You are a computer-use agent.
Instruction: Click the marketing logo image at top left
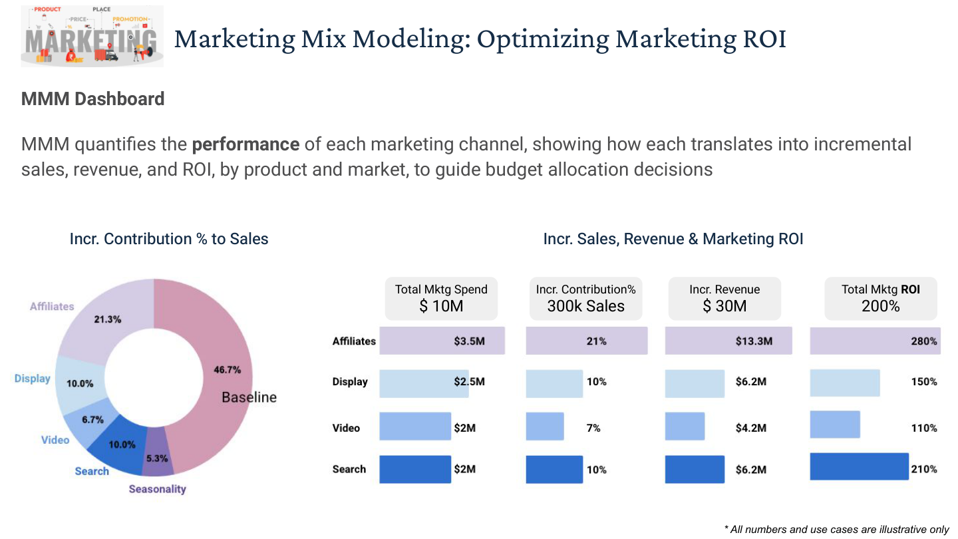point(92,36)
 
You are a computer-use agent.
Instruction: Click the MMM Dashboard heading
point(93,98)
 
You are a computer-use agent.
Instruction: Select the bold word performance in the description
point(245,144)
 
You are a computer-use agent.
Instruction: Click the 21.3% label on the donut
point(107,319)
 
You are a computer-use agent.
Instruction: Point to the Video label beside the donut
point(55,440)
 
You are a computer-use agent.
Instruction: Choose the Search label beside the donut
point(92,471)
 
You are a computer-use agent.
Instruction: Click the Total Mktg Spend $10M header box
point(441,298)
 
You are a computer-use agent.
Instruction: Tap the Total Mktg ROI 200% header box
point(881,298)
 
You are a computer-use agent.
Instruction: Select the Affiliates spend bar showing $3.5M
point(442,341)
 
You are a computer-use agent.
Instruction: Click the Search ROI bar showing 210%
point(860,466)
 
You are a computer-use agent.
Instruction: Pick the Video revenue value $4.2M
point(751,428)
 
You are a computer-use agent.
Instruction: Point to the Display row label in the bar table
point(350,381)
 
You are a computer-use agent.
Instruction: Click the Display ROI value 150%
point(924,381)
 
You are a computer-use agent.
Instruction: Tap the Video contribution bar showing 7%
point(545,426)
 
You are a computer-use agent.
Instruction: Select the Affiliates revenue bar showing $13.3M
point(728,341)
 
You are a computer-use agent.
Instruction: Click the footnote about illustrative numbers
point(836,529)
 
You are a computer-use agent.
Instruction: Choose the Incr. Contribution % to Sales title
point(169,239)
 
